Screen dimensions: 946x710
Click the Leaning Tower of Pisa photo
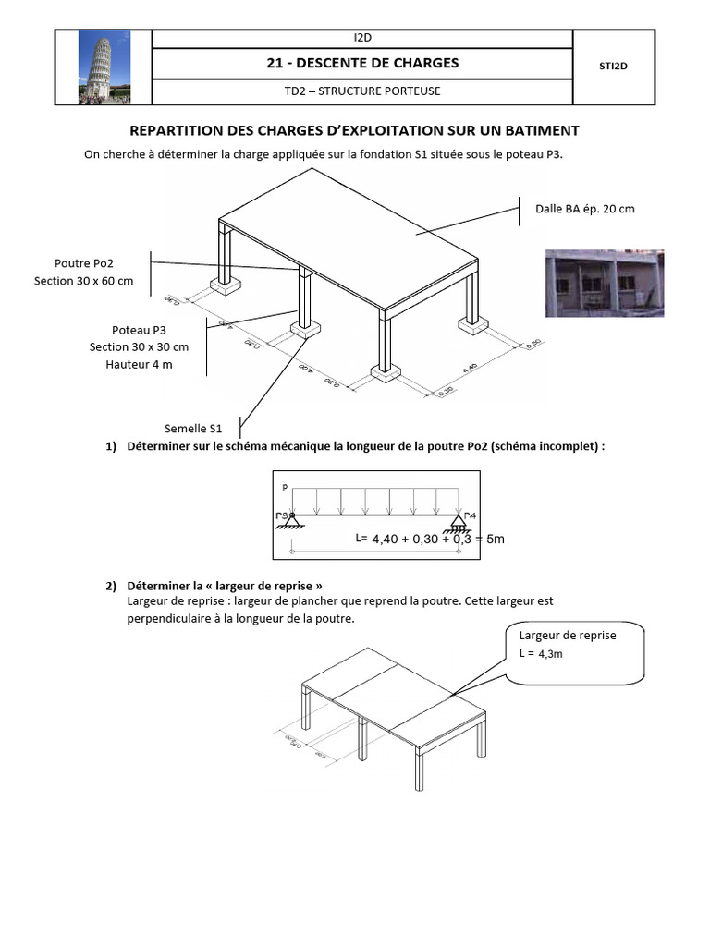point(103,67)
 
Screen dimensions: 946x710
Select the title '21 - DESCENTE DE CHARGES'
point(361,63)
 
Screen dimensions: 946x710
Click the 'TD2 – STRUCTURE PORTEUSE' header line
point(361,91)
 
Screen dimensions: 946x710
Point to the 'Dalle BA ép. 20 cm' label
point(585,209)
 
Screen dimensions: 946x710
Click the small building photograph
point(604,283)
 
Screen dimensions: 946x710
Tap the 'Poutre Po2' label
point(84,263)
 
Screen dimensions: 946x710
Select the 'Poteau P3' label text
point(139,330)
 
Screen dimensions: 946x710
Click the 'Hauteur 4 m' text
point(139,364)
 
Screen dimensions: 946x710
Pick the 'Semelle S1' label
point(193,429)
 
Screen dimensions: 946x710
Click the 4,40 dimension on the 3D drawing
point(469,368)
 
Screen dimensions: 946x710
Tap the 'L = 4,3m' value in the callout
point(542,653)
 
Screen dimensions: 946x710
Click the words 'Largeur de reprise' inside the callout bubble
point(568,636)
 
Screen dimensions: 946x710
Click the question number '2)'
point(111,586)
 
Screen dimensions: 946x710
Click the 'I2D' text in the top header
point(361,38)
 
